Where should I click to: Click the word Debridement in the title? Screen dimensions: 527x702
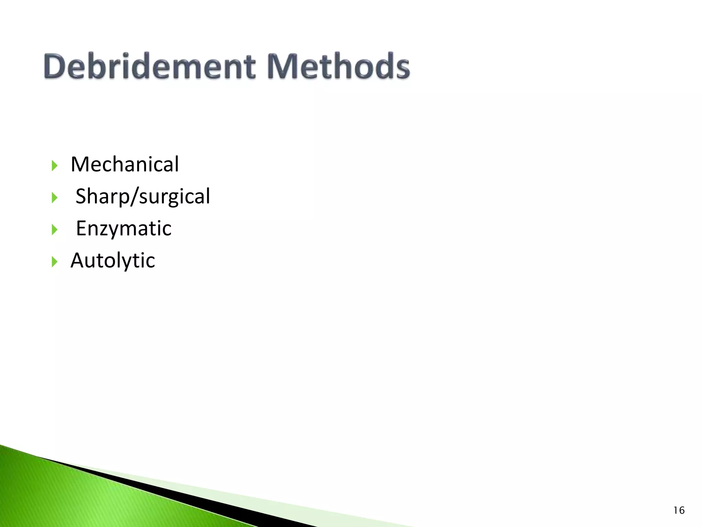[149, 66]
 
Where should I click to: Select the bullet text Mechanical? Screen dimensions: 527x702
[125, 164]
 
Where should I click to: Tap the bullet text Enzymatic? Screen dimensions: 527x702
[123, 229]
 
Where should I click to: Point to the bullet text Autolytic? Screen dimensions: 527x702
[113, 260]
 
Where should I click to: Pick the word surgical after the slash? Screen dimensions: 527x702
[174, 197]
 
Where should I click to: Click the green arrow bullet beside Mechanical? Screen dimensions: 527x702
[55, 166]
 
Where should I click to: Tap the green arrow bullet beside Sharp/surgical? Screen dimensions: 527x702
[55, 198]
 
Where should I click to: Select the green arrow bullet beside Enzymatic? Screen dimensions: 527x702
[55, 230]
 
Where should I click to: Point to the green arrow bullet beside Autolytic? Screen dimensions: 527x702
[55, 262]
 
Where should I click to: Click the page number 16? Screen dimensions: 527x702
[679, 511]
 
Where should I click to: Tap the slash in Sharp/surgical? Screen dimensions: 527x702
[134, 197]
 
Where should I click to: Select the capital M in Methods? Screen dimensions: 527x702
[280, 66]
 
